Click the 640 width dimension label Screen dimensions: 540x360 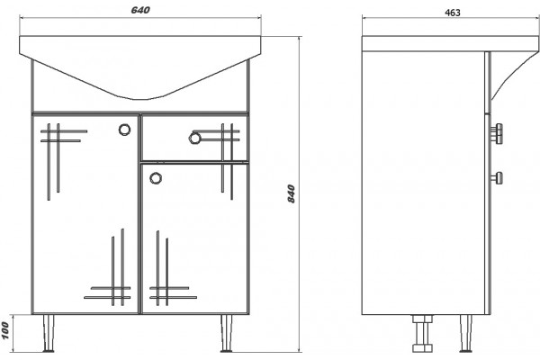[140, 10]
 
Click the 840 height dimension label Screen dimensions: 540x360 [292, 193]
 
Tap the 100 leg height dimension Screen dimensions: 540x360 [4, 330]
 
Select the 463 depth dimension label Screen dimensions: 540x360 [453, 13]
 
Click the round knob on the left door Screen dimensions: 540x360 [125, 130]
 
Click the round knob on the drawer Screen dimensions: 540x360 [194, 138]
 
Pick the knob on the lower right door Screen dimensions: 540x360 [156, 178]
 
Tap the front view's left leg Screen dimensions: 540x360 [49, 333]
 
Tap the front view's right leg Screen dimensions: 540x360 [226, 333]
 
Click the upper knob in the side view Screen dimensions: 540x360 [497, 133]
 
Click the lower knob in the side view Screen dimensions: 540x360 [497, 178]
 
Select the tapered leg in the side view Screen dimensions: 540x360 [466, 333]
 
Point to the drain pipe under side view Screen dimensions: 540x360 [423, 333]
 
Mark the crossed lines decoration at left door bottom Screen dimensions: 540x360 [108, 267]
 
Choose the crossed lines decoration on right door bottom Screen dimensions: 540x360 [173, 268]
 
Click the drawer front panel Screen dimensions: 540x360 [194, 139]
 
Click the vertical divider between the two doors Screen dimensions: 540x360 [139, 214]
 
